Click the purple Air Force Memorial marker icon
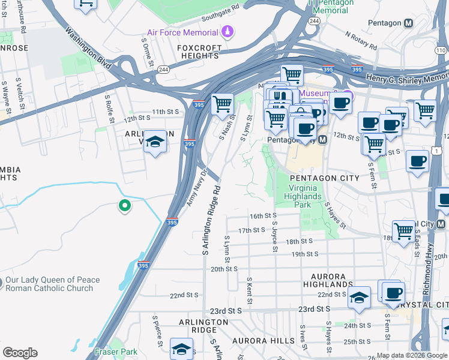click(227, 31)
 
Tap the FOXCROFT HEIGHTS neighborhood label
click(198, 52)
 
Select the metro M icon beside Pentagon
click(409, 23)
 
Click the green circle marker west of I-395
click(124, 206)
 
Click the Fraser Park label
click(116, 352)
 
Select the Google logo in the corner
click(20, 353)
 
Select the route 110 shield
click(442, 51)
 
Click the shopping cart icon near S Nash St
click(222, 104)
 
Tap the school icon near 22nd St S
click(358, 298)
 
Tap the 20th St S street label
click(224, 269)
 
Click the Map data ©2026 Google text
click(411, 355)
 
